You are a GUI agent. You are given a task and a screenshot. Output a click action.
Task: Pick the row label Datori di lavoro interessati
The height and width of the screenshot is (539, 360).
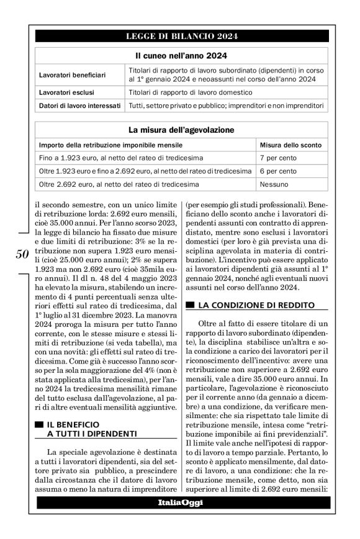(x=79, y=106)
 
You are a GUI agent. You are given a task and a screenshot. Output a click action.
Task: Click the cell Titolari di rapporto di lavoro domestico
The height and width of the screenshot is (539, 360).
(x=190, y=92)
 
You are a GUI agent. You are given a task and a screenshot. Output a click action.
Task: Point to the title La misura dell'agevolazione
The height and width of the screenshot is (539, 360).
(x=181, y=130)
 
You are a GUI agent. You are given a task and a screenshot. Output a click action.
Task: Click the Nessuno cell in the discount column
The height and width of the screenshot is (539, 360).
(x=274, y=184)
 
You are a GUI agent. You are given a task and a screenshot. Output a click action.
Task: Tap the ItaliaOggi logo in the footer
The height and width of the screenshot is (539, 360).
(x=180, y=503)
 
